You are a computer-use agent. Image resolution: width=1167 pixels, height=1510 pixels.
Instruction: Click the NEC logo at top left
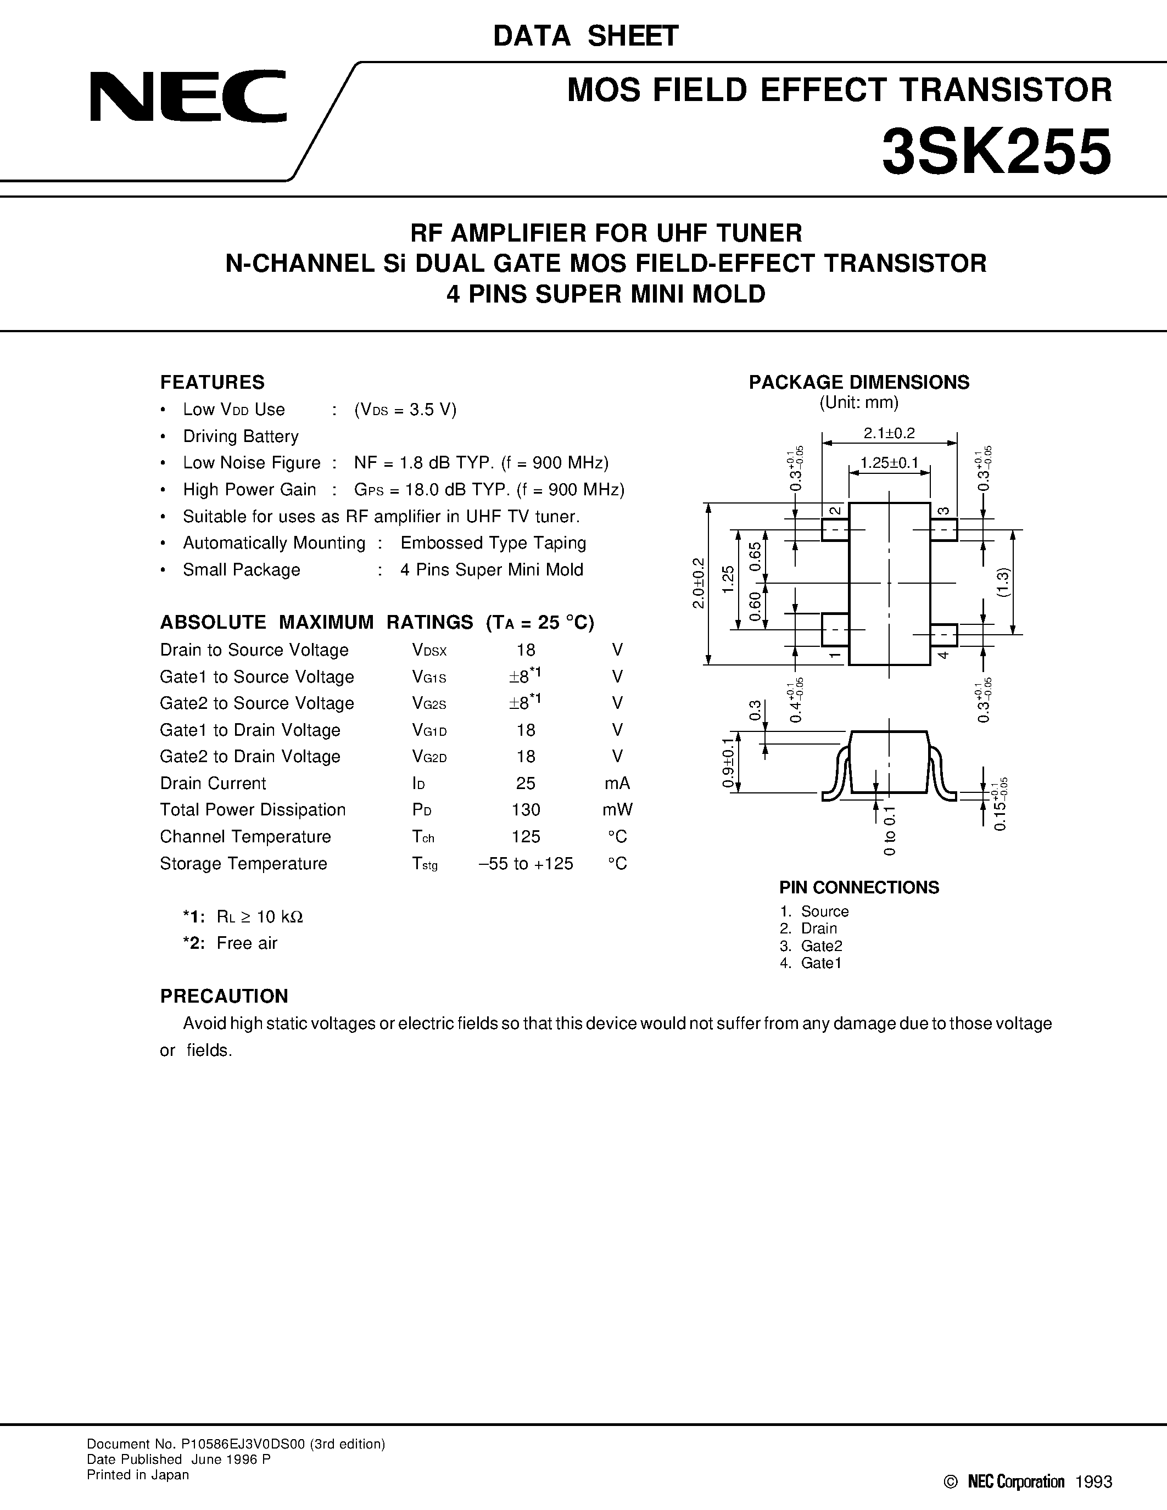tap(188, 96)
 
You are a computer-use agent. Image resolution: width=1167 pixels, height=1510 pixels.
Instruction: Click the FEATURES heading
tap(212, 382)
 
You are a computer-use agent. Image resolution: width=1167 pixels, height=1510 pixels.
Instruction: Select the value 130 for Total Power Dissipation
tap(526, 809)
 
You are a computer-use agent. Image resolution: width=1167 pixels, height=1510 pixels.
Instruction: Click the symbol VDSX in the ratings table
tap(429, 651)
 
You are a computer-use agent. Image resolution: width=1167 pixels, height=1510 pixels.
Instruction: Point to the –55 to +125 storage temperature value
tap(526, 864)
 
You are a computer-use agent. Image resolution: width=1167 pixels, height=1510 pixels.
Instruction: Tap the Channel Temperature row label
tap(245, 837)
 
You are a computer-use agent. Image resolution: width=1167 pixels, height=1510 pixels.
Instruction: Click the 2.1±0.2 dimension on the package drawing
tap(889, 433)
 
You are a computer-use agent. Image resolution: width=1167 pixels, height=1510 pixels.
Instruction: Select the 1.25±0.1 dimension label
tap(889, 462)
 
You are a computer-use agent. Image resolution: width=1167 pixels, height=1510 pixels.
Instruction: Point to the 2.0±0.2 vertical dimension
tap(698, 583)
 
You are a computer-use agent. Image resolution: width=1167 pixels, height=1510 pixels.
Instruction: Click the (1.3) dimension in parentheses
tap(1004, 581)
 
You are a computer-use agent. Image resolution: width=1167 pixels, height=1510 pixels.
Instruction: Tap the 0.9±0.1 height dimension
tap(727, 763)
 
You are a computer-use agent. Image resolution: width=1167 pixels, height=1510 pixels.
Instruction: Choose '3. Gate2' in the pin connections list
tap(811, 946)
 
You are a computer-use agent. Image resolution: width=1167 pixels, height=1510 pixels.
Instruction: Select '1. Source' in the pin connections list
tap(814, 911)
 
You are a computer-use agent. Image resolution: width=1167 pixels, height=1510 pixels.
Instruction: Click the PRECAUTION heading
tap(224, 996)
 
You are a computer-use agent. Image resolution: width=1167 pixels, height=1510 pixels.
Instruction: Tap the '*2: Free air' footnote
tap(230, 943)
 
